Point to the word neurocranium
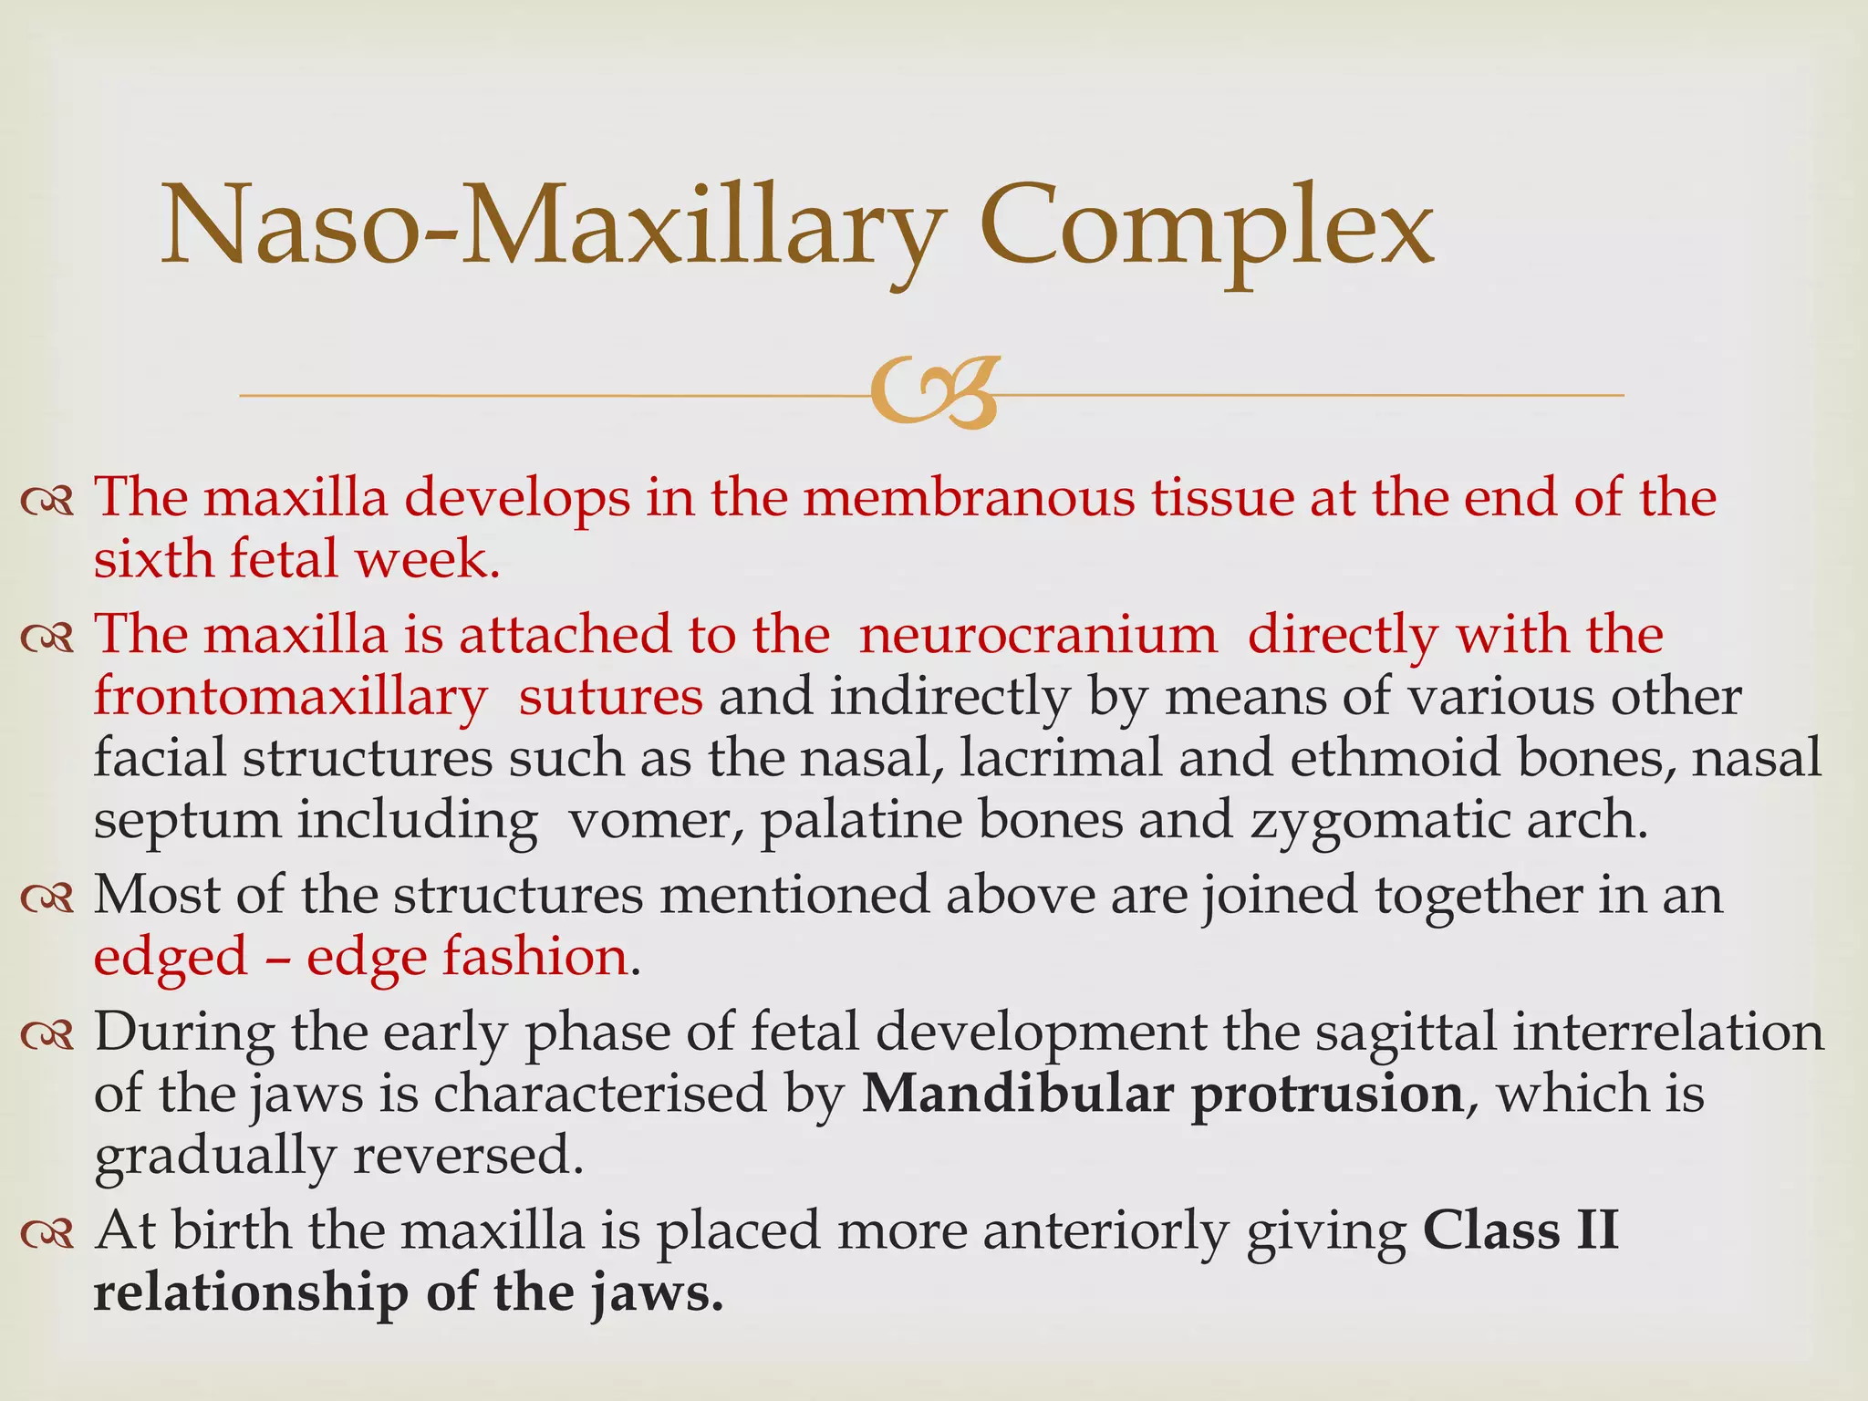1038,635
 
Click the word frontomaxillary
290,699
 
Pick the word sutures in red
610,697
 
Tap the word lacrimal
1060,758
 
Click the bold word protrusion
1327,1095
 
